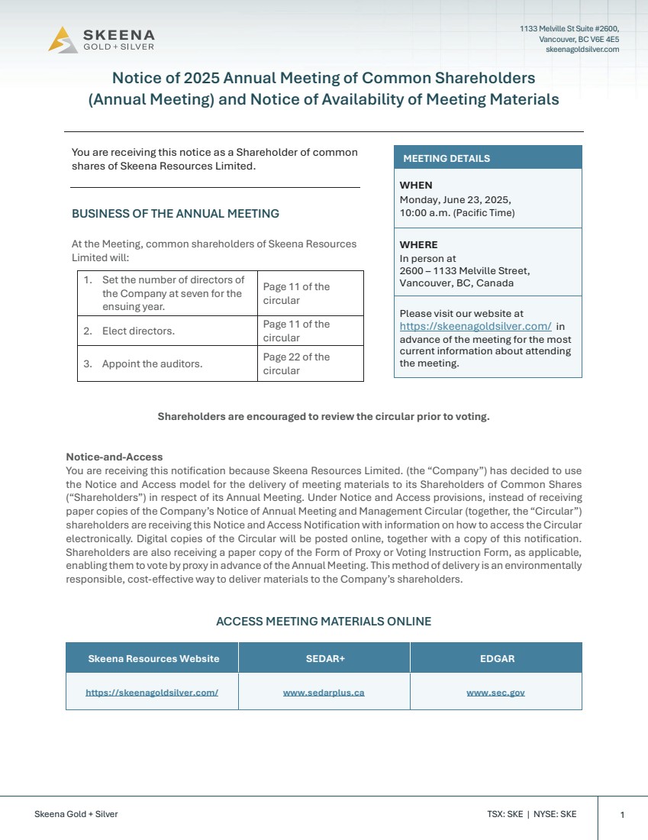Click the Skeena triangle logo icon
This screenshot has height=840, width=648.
click(63, 40)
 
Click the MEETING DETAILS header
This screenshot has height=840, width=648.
click(447, 159)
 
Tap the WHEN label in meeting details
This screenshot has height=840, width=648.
click(416, 186)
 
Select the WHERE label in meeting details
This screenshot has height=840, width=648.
click(418, 245)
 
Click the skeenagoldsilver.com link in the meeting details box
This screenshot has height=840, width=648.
click(475, 326)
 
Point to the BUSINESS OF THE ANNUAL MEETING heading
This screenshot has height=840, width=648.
click(176, 214)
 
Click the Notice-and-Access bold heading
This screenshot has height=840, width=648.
click(114, 457)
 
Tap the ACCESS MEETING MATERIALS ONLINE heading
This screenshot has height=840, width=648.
click(324, 622)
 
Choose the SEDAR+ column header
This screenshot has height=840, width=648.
click(324, 658)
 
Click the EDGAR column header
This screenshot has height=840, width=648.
click(495, 658)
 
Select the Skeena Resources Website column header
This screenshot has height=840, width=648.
click(153, 658)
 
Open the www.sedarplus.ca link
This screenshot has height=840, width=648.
click(324, 693)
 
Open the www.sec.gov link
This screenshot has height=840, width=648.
click(495, 693)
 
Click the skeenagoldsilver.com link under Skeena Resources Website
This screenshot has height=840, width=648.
click(152, 693)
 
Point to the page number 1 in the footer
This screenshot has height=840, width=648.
click(622, 815)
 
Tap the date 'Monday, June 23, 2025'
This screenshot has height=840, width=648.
click(455, 199)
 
